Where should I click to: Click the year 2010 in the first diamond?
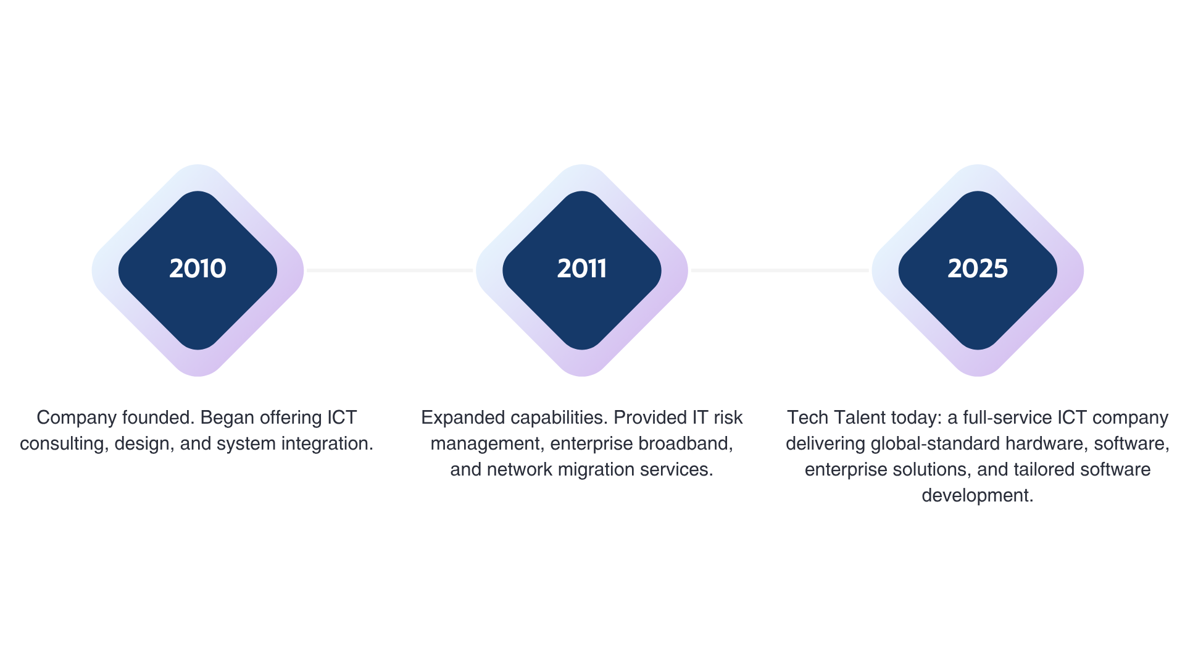(x=197, y=269)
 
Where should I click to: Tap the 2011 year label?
(x=581, y=269)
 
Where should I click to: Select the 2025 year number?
(x=978, y=269)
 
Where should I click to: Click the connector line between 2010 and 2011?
(x=389, y=271)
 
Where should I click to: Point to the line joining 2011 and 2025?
(x=780, y=271)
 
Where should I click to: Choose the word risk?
(x=728, y=417)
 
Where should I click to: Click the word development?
(x=978, y=495)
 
